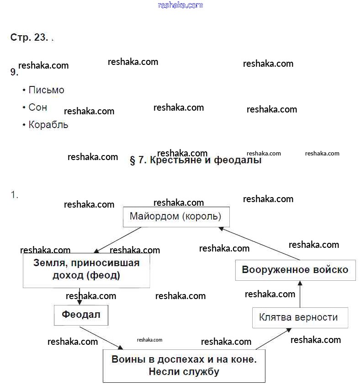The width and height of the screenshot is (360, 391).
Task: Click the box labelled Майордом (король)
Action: (x=176, y=216)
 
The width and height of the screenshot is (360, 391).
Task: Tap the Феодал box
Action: (x=81, y=315)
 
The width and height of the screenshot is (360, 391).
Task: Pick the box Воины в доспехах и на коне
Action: (x=184, y=365)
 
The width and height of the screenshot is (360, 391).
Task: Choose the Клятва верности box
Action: (x=300, y=317)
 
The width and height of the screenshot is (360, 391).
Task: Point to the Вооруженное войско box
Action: (x=295, y=270)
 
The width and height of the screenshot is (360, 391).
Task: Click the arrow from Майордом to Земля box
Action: (x=118, y=239)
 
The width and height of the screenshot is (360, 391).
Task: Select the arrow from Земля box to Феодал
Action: (x=80, y=296)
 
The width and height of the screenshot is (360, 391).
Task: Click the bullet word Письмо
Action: (x=46, y=90)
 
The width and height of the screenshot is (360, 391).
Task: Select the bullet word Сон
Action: (x=37, y=107)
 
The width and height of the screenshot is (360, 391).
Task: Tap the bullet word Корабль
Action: (x=48, y=124)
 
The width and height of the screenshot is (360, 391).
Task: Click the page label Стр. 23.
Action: (x=29, y=37)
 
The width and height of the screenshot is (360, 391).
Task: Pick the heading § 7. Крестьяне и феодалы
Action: (x=196, y=161)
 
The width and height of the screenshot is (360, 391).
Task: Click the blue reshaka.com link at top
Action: (x=180, y=5)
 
